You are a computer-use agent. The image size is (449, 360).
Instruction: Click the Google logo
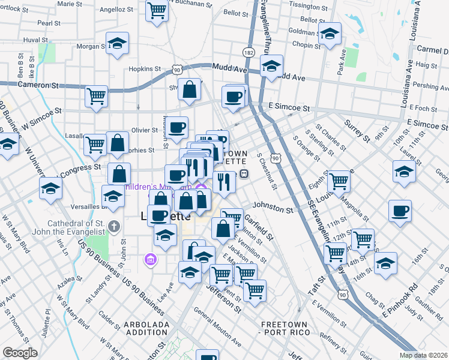(20, 353)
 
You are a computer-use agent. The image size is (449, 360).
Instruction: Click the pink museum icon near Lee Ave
(149, 260)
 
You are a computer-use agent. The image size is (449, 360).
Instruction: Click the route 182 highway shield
(248, 53)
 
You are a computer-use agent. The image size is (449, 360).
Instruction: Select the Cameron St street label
(37, 85)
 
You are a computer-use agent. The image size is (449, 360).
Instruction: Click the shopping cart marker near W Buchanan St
(157, 10)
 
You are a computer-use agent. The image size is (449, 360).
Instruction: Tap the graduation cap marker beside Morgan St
(118, 43)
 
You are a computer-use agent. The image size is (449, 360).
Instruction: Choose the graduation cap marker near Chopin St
(330, 34)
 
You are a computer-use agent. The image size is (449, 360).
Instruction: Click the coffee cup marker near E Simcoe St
(233, 96)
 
